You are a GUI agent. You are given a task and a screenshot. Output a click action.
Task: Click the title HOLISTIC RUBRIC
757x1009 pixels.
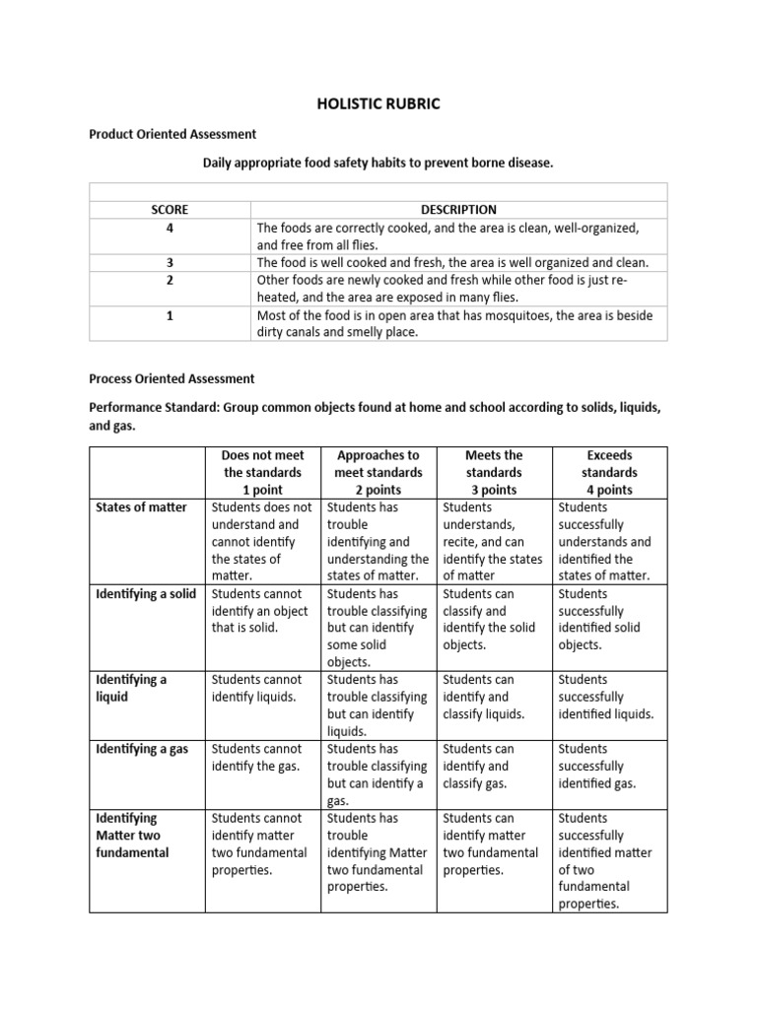point(378,103)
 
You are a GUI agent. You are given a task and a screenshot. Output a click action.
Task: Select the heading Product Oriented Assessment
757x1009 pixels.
point(172,133)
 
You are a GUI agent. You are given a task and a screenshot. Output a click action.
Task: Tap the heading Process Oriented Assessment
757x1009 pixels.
point(172,377)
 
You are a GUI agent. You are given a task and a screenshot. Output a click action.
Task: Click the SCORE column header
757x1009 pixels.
point(170,209)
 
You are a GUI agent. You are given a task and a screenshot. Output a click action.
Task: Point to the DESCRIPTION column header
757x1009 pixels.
point(458,209)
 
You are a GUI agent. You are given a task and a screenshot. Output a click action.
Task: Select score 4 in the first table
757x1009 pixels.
point(170,228)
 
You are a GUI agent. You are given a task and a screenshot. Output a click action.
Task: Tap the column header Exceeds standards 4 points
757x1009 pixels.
point(610,472)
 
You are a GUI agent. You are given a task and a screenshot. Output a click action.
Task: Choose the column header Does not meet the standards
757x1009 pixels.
point(263,472)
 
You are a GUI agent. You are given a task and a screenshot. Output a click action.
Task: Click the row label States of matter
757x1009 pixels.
point(141,507)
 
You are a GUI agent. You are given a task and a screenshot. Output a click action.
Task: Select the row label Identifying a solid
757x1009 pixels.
point(146,593)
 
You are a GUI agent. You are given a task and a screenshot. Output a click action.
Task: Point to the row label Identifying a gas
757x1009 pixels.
point(142,749)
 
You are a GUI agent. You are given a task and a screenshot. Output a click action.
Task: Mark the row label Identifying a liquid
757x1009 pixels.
point(131,688)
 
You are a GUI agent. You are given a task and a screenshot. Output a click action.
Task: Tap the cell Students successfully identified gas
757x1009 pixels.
point(597,766)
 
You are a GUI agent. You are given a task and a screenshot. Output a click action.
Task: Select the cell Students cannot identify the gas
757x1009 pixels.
point(256,757)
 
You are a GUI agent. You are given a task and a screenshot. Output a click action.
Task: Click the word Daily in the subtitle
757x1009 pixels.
point(220,162)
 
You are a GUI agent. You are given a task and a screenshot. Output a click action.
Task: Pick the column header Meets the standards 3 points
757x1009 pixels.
point(494,472)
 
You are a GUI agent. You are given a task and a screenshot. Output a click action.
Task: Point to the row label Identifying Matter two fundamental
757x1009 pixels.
point(133,835)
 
